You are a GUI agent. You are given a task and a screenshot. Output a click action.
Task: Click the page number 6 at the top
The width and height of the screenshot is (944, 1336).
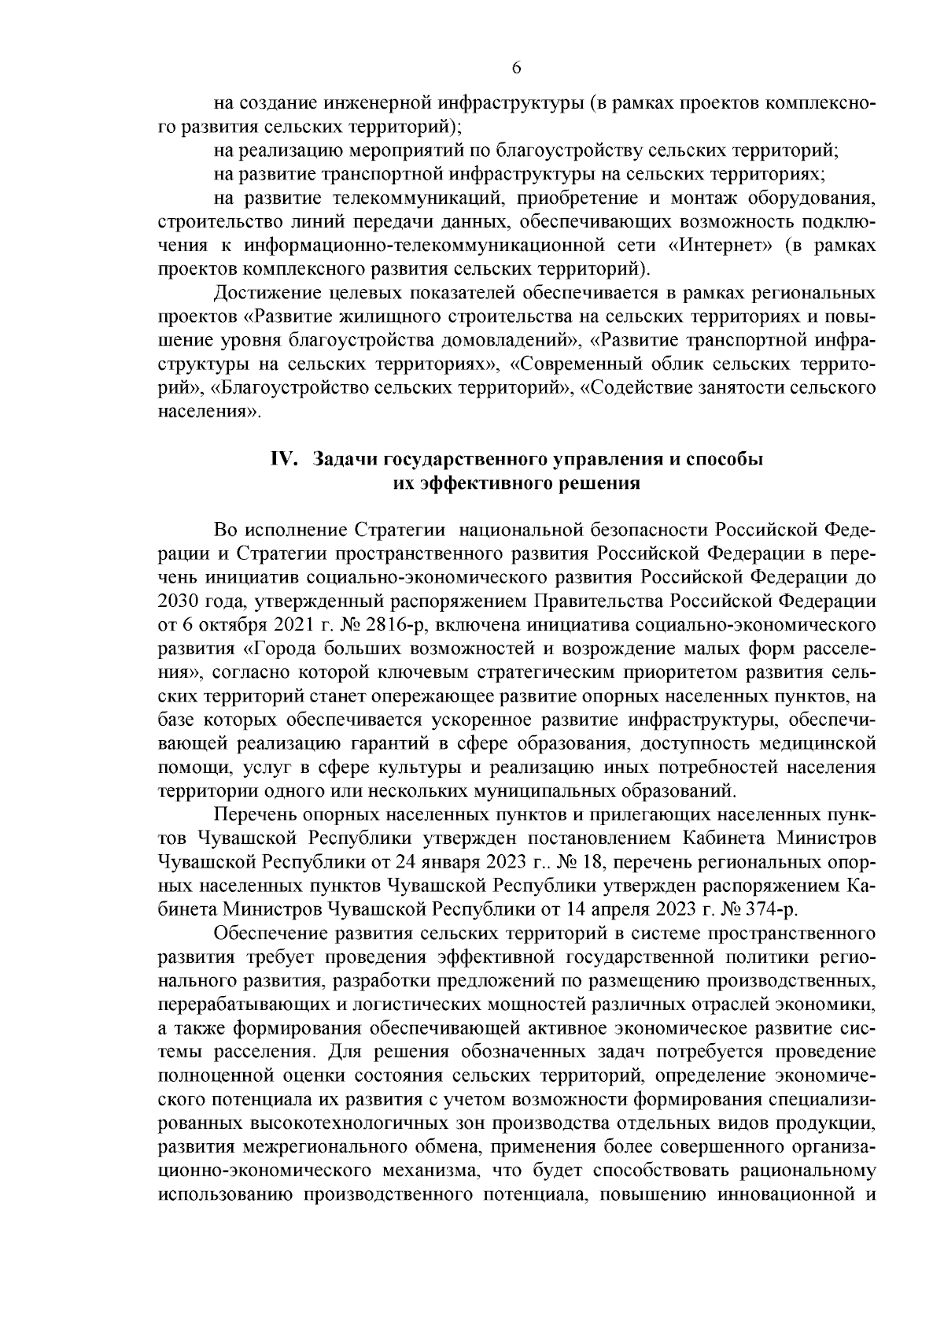coord(516,68)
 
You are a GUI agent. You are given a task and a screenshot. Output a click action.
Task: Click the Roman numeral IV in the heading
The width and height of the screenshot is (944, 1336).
coord(282,461)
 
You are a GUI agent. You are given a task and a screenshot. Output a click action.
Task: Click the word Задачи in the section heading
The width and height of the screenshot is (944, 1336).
coord(344,461)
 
